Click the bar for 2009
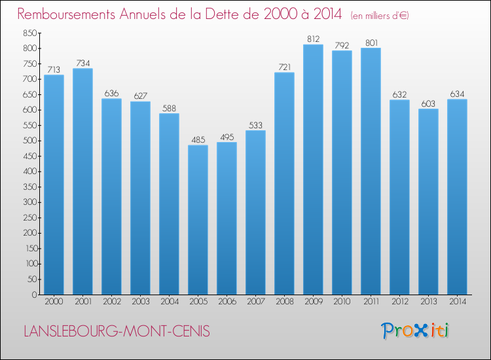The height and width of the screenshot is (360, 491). point(313,170)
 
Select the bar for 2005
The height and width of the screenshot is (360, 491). point(198,220)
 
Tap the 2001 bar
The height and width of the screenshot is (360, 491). point(82,181)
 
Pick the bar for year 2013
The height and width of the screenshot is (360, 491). point(428,202)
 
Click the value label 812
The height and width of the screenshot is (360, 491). point(313,39)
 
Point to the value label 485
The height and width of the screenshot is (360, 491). point(198,139)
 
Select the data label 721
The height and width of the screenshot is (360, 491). point(284,67)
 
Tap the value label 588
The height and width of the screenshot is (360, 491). point(169,108)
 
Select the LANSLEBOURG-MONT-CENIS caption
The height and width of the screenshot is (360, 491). point(117,331)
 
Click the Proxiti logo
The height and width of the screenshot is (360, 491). point(414,331)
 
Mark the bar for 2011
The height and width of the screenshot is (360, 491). point(371,171)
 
